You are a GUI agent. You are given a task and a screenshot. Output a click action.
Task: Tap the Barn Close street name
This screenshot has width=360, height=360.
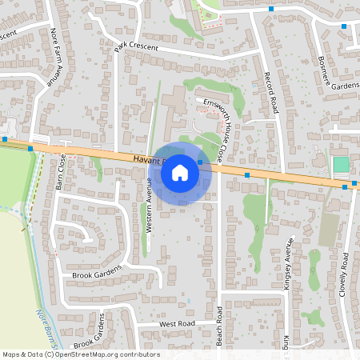tap(58, 171)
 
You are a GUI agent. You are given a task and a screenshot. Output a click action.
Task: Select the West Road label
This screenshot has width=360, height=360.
tap(177, 324)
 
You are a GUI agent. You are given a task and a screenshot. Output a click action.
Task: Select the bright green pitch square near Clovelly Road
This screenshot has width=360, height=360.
tap(342, 165)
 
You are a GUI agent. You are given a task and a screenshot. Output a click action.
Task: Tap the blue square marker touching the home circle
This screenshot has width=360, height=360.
tap(200, 162)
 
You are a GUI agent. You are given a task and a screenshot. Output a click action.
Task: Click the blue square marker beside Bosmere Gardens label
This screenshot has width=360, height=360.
tap(344, 26)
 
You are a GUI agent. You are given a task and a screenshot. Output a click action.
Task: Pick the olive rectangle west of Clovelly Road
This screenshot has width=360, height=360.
tap(328, 230)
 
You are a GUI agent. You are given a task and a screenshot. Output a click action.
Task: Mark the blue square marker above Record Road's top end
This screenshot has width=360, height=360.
tap(271, 9)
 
